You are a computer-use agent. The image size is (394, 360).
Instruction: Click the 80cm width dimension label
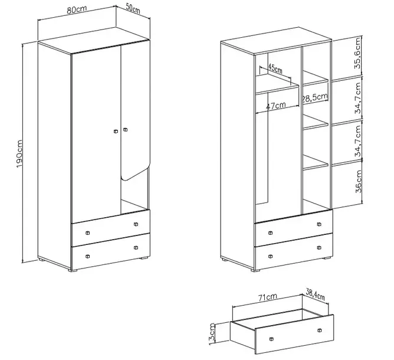click(x=77, y=9)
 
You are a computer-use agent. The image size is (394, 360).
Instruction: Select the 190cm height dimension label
click(x=20, y=154)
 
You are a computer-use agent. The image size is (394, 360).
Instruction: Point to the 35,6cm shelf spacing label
click(x=358, y=53)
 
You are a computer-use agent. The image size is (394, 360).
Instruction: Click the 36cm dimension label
click(x=359, y=182)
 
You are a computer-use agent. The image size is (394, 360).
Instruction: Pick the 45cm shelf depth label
click(x=275, y=68)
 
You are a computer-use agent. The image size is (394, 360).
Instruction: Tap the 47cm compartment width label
click(x=276, y=106)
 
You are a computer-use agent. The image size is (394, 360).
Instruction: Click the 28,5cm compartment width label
click(x=315, y=97)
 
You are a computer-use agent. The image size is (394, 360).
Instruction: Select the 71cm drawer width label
click(x=268, y=297)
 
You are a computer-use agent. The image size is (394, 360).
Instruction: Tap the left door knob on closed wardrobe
click(x=116, y=131)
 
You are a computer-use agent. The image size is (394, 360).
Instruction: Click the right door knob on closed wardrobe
click(x=126, y=130)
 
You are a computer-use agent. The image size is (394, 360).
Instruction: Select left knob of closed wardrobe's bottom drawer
click(x=87, y=256)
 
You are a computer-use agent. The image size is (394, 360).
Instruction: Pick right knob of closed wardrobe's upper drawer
click(x=136, y=224)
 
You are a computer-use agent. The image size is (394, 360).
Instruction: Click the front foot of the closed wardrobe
click(x=73, y=270)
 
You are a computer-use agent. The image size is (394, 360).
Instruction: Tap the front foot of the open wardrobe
click(x=255, y=270)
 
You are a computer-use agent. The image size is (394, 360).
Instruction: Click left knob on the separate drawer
click(x=271, y=339)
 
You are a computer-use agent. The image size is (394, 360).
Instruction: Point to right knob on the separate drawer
click(x=320, y=330)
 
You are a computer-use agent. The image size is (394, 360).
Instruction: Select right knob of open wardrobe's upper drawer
click(x=319, y=224)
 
